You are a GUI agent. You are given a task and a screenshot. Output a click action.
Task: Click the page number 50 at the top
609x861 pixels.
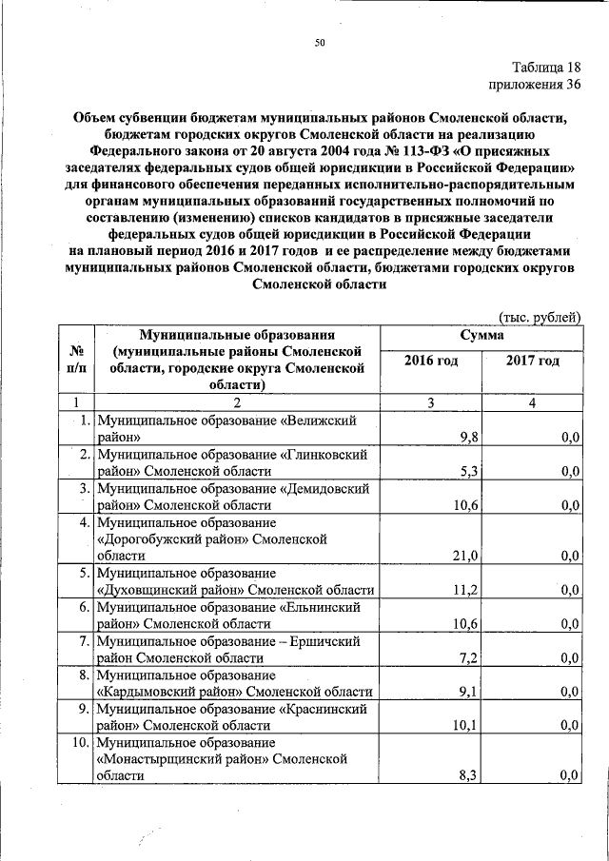(321, 42)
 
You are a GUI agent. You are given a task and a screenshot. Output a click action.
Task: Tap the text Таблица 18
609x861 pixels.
(544, 67)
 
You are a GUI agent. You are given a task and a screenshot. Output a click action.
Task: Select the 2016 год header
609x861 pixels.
(431, 361)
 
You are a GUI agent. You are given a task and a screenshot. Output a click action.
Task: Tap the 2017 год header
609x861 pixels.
(532, 361)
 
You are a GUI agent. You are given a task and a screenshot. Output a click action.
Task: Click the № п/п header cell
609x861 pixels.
(78, 360)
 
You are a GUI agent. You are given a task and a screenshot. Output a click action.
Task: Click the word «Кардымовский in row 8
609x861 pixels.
(140, 693)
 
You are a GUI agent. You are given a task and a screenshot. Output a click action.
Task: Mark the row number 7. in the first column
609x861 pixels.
(85, 641)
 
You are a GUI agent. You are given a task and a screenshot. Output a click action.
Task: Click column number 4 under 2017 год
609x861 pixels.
(533, 402)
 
